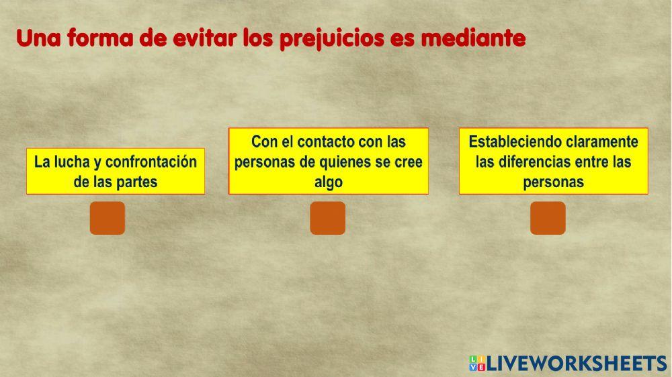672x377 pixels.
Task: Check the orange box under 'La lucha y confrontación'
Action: [108, 218]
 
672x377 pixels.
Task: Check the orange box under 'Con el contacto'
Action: [328, 218]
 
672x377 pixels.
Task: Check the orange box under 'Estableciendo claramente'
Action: [548, 218]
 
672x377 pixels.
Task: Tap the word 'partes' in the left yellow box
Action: [138, 182]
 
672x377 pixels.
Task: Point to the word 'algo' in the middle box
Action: [329, 182]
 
